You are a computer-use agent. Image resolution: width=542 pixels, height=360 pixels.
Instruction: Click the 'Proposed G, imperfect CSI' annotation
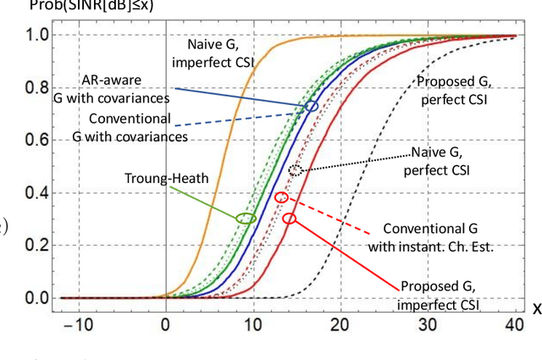tap(438, 294)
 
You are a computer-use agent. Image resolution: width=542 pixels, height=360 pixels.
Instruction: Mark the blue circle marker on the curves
tap(312, 107)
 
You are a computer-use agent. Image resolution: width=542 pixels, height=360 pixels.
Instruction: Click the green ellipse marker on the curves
tap(246, 218)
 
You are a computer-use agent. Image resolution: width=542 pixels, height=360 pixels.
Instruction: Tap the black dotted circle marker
tap(295, 170)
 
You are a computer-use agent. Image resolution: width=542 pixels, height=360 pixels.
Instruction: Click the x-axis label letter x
tap(536, 308)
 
